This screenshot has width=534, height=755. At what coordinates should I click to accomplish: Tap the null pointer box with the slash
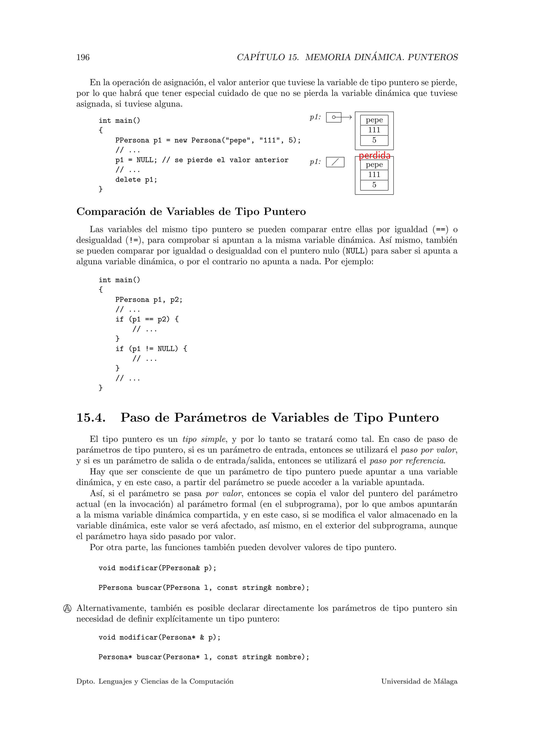click(335, 162)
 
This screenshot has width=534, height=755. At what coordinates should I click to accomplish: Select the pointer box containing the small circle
click(334, 117)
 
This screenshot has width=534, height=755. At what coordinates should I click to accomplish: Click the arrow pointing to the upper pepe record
click(347, 117)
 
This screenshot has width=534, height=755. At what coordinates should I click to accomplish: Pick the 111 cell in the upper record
click(374, 130)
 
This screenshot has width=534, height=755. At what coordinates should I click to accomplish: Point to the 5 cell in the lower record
click(374, 185)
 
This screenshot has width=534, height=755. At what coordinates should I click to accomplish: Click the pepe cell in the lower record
click(374, 165)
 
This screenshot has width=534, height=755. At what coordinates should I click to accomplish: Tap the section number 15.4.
click(91, 418)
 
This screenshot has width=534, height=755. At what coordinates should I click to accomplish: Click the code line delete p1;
click(136, 180)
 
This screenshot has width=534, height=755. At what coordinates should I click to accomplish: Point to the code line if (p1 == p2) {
click(147, 319)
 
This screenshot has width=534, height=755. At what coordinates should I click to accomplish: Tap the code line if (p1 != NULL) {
click(151, 349)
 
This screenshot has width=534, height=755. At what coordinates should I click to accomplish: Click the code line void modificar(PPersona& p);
click(157, 568)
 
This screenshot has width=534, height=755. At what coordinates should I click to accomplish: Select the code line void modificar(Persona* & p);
click(160, 637)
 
